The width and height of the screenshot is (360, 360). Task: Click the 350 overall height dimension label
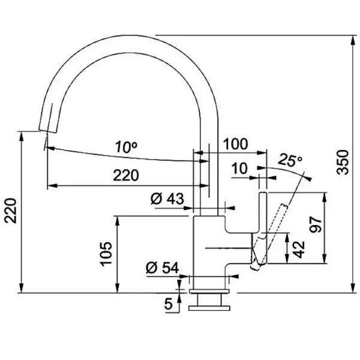(x=343, y=162)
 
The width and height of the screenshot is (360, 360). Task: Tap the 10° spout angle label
(x=127, y=147)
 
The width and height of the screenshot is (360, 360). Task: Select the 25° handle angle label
(x=290, y=160)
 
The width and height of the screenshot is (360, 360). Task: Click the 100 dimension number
(x=236, y=144)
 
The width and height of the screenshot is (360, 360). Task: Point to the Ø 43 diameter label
(x=167, y=199)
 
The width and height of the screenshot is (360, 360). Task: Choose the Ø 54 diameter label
(x=163, y=268)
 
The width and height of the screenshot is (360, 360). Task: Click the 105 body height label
(x=107, y=254)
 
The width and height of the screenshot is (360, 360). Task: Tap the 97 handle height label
(x=316, y=225)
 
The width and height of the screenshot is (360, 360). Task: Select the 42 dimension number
(x=299, y=250)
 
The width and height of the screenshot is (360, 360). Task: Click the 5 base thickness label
(x=169, y=304)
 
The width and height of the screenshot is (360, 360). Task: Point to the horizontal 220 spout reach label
(x=126, y=175)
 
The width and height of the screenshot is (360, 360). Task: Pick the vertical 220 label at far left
(x=11, y=211)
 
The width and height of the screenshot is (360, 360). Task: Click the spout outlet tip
(x=47, y=131)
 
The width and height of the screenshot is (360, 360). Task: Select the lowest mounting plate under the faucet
(x=209, y=308)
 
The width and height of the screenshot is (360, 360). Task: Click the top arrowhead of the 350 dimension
(x=353, y=40)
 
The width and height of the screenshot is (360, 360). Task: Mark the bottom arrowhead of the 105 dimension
(x=117, y=289)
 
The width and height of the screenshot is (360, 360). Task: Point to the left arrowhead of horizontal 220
(x=52, y=185)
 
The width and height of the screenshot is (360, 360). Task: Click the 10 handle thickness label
(x=239, y=169)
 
